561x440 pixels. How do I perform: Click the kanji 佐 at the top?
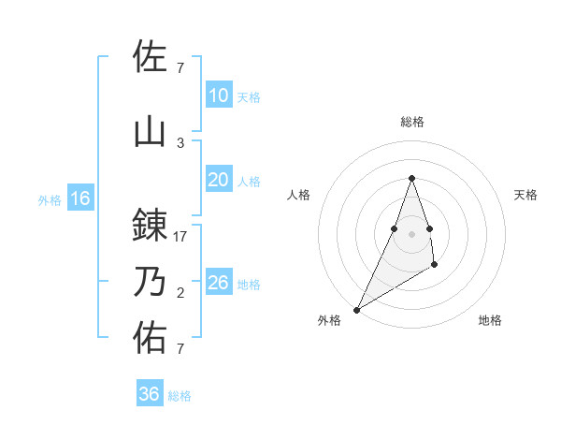(x=150, y=57)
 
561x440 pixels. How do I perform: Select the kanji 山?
(x=150, y=132)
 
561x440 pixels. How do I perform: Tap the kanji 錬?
(x=150, y=226)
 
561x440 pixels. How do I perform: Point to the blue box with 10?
(x=218, y=95)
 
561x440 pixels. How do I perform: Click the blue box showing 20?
(x=218, y=181)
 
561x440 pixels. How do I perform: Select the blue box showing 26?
(x=218, y=283)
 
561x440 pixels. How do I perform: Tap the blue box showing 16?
(x=79, y=198)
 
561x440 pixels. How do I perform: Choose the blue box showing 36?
(x=150, y=394)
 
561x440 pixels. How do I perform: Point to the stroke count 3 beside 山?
(x=180, y=143)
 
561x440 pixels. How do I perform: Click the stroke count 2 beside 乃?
(x=180, y=293)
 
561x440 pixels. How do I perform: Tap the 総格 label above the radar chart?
(x=412, y=122)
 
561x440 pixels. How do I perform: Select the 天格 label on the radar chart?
(x=525, y=195)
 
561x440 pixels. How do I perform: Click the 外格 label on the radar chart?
(x=329, y=321)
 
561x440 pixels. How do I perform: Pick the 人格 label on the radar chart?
(x=298, y=195)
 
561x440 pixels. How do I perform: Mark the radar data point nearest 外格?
(x=356, y=310)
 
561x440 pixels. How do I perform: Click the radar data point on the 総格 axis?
(x=412, y=178)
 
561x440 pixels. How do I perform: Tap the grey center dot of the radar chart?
(x=412, y=233)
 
